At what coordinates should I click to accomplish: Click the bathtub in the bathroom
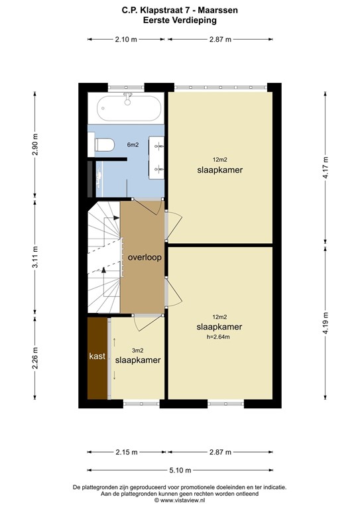(x=130, y=108)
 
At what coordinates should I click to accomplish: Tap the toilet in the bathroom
(x=104, y=144)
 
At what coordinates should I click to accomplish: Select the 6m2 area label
(x=133, y=144)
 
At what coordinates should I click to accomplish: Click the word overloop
(x=145, y=257)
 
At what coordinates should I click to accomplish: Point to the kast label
(x=97, y=356)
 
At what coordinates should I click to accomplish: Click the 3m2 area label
(x=138, y=351)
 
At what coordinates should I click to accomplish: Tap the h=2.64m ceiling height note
(x=218, y=337)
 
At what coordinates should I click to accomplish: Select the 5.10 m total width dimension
(x=180, y=470)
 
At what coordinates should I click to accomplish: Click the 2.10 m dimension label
(x=126, y=40)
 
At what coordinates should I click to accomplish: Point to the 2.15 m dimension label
(x=127, y=452)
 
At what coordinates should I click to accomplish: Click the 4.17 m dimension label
(x=326, y=168)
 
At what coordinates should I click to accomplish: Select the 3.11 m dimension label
(x=35, y=257)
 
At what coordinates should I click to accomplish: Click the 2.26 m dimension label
(x=35, y=358)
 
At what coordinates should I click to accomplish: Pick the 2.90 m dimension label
(x=35, y=144)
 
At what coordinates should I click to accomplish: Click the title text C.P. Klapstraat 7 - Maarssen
(x=180, y=11)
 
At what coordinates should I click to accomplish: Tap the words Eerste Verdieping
(x=180, y=20)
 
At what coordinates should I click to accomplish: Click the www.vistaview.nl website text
(x=182, y=500)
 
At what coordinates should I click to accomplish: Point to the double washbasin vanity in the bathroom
(x=156, y=158)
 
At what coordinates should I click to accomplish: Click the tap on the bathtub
(x=127, y=99)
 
